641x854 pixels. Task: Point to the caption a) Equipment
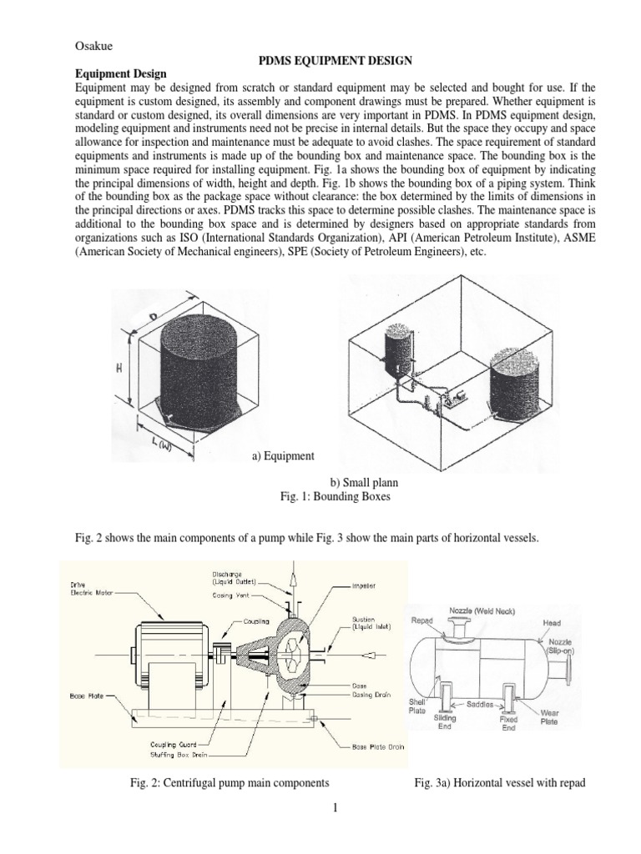point(283,456)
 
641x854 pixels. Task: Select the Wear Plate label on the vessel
point(553,716)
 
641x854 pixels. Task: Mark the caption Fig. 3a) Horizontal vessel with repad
point(497,783)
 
